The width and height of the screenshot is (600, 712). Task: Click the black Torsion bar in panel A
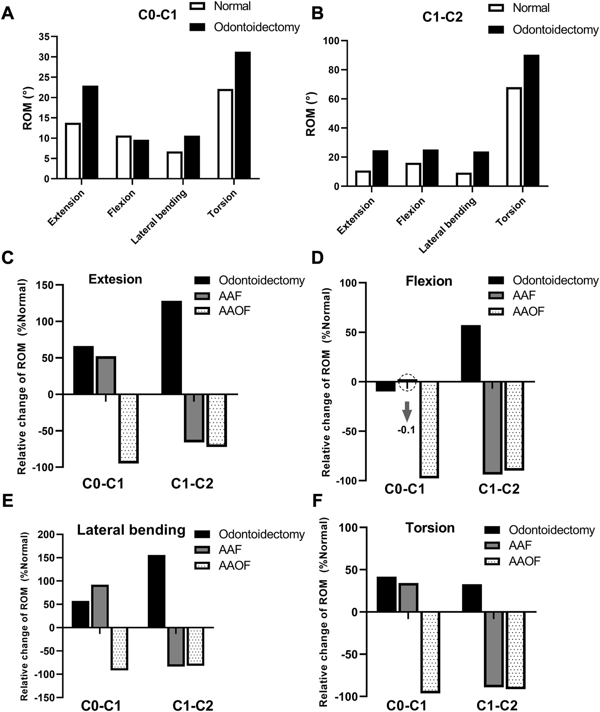click(x=242, y=115)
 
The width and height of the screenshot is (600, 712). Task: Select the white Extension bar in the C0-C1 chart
click(x=73, y=150)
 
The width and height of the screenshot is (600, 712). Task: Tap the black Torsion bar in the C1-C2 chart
click(x=531, y=120)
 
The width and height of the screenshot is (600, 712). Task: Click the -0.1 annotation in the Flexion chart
click(x=406, y=430)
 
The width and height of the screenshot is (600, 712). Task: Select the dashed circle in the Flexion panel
click(x=407, y=382)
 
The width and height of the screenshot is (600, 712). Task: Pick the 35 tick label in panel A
click(x=44, y=37)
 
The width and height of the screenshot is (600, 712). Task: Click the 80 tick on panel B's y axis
click(x=333, y=70)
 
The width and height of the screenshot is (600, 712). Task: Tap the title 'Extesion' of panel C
click(x=115, y=279)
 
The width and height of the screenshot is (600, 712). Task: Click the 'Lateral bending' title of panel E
click(x=131, y=530)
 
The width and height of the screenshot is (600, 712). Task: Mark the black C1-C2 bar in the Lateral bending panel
click(x=156, y=591)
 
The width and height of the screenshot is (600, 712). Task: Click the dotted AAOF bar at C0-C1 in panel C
click(x=129, y=428)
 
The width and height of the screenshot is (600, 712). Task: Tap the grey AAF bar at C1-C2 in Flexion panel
click(x=492, y=427)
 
